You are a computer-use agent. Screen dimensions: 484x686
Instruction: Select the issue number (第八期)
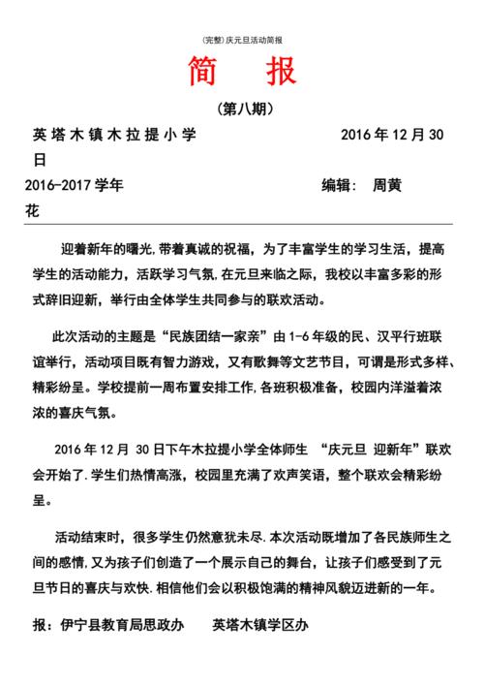242,109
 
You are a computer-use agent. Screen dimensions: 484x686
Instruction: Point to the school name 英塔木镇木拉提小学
114,136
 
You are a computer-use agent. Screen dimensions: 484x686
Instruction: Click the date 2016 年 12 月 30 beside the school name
391,136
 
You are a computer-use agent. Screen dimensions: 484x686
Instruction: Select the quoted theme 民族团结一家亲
218,336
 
